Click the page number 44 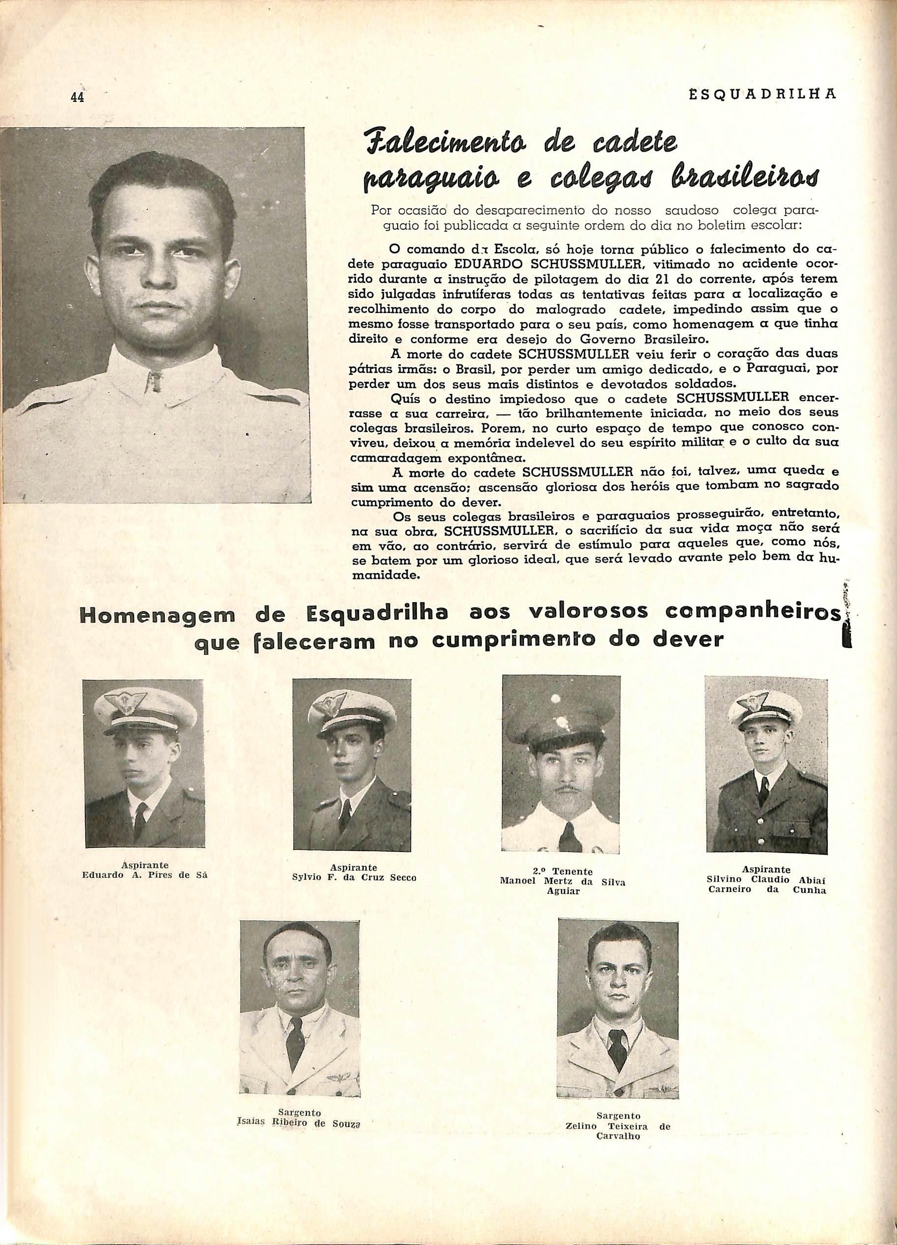(x=77, y=97)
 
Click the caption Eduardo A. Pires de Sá (x=144, y=875)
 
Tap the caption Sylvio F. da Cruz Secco (x=354, y=877)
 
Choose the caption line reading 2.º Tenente (x=563, y=871)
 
